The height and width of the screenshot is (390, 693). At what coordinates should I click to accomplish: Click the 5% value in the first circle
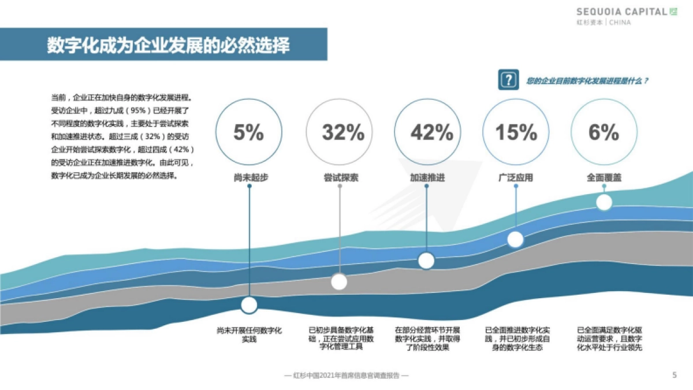(248, 132)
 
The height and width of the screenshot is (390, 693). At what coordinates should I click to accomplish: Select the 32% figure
(343, 132)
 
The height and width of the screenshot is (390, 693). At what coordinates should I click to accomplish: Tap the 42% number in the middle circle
(431, 132)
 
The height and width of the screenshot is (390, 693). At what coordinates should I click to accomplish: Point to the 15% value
(516, 132)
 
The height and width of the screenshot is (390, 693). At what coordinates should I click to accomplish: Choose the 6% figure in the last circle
(603, 132)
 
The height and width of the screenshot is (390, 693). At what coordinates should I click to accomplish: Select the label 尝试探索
(341, 177)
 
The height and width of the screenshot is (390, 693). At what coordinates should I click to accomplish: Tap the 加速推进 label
(427, 177)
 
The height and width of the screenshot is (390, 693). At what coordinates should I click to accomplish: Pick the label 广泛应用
(515, 177)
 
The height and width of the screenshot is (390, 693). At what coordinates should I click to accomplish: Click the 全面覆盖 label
(604, 177)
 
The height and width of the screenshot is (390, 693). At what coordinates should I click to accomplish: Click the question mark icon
(507, 81)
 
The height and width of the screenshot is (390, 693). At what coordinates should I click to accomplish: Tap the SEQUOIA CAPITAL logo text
(622, 12)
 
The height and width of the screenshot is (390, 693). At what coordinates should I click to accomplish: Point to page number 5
(675, 374)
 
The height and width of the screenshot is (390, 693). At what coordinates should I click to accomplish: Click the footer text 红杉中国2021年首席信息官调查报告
(347, 375)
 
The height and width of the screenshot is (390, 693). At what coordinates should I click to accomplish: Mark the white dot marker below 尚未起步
(249, 304)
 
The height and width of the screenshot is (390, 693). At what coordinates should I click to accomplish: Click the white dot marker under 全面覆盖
(604, 202)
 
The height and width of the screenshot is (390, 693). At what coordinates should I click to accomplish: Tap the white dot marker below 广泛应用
(515, 239)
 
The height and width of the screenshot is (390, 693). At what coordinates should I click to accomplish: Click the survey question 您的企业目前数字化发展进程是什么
(587, 81)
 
